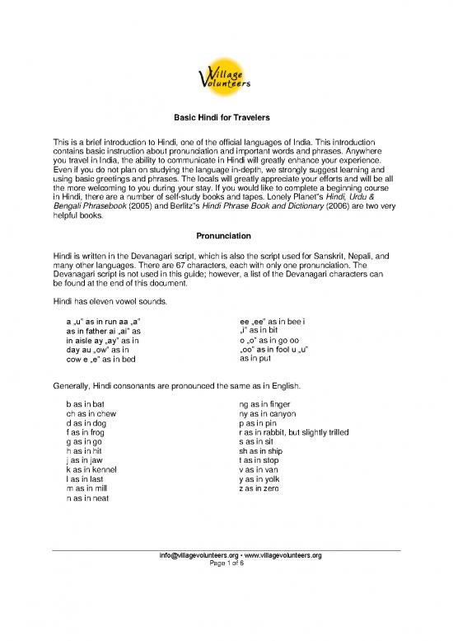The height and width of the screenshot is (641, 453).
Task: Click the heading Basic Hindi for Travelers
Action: pos(226,117)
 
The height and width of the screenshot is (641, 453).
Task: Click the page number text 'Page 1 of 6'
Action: pos(226,564)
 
